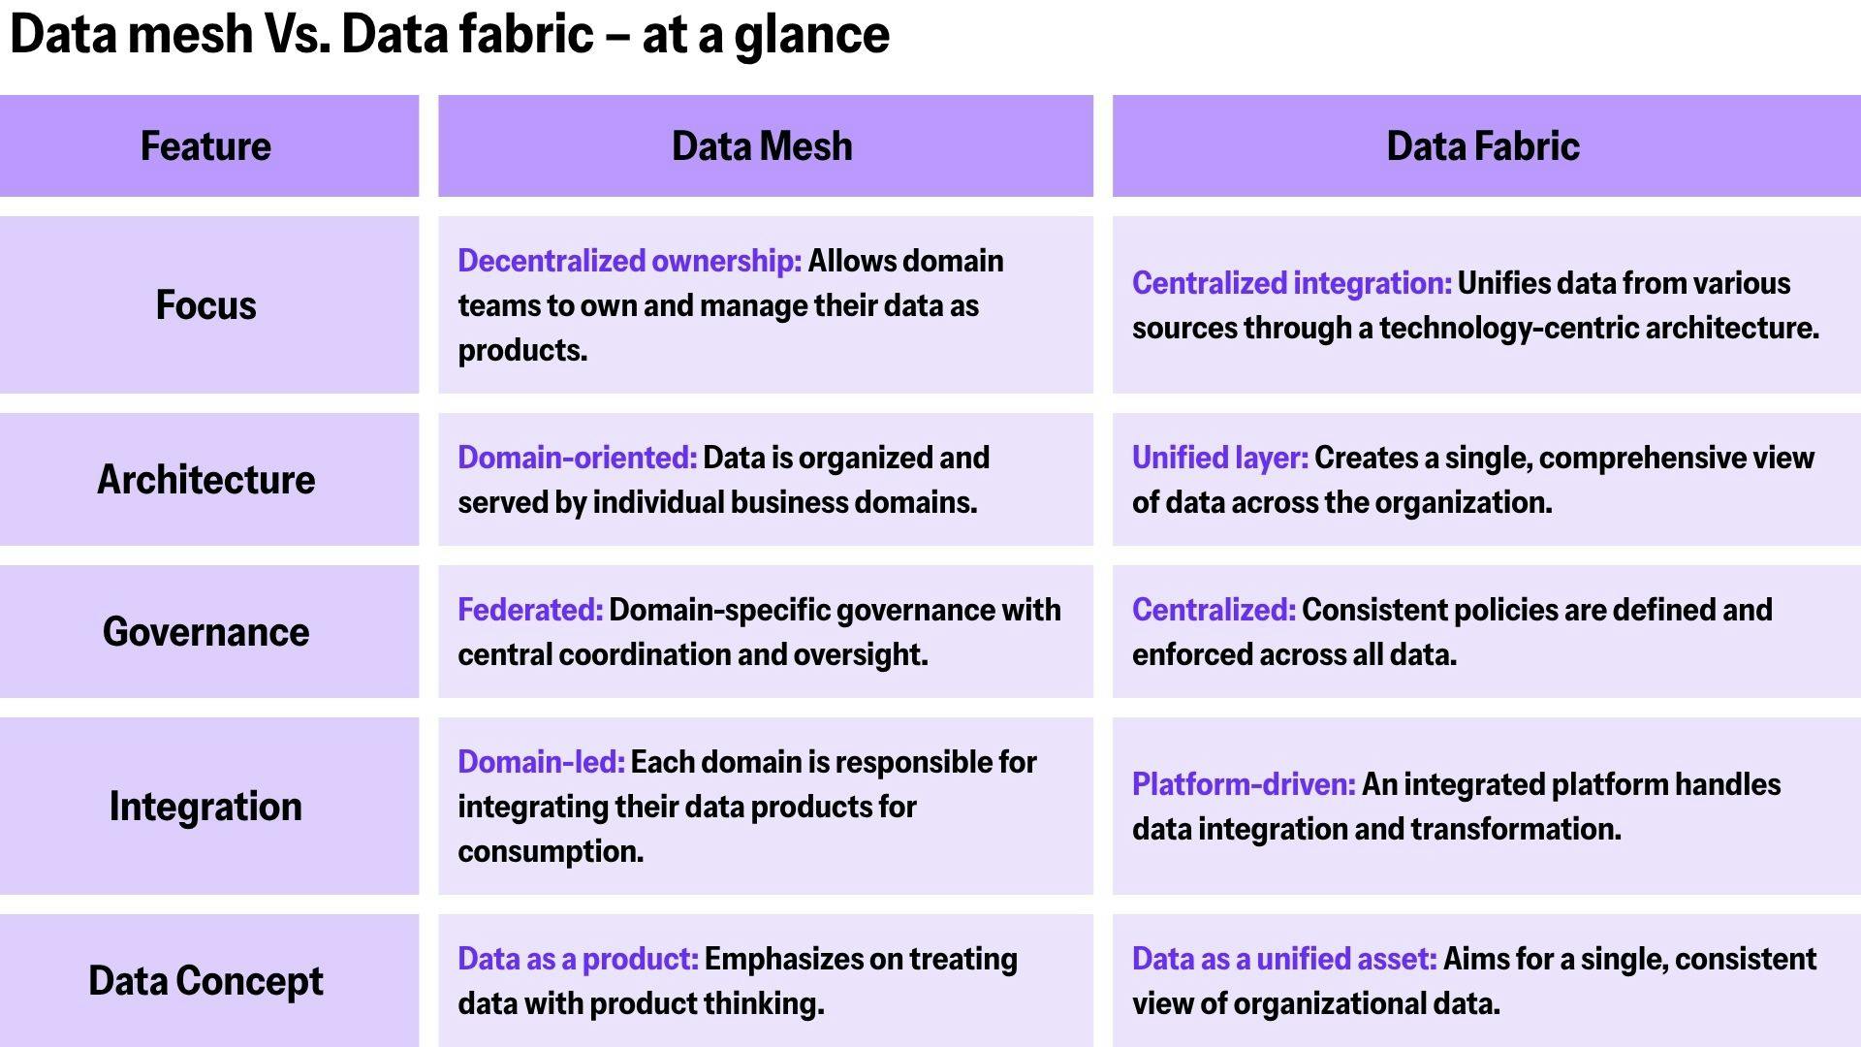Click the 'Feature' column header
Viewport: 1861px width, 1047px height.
(205, 146)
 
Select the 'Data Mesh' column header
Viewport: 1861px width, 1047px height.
(762, 146)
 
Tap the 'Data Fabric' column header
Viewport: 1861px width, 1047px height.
(1483, 146)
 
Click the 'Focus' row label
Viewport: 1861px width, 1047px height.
(205, 305)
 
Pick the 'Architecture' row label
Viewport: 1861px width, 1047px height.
(205, 480)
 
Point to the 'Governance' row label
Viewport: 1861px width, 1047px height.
(205, 632)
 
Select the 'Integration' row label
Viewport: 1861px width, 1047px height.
(205, 807)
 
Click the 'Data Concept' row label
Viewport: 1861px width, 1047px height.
(205, 981)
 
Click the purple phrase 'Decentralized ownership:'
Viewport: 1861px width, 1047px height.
(629, 261)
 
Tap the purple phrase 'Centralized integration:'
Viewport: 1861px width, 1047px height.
(1291, 283)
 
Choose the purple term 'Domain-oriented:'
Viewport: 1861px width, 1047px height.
(577, 458)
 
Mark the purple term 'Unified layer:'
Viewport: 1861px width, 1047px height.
(1219, 458)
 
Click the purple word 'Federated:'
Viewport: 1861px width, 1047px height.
(530, 610)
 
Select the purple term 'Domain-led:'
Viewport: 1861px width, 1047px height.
(541, 762)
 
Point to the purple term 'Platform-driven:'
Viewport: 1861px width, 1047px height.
(1244, 784)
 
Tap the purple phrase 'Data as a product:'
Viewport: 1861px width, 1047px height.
(578, 959)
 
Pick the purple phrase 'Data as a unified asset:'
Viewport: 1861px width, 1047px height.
(1284, 959)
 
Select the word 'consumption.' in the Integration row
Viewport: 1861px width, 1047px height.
(551, 851)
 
